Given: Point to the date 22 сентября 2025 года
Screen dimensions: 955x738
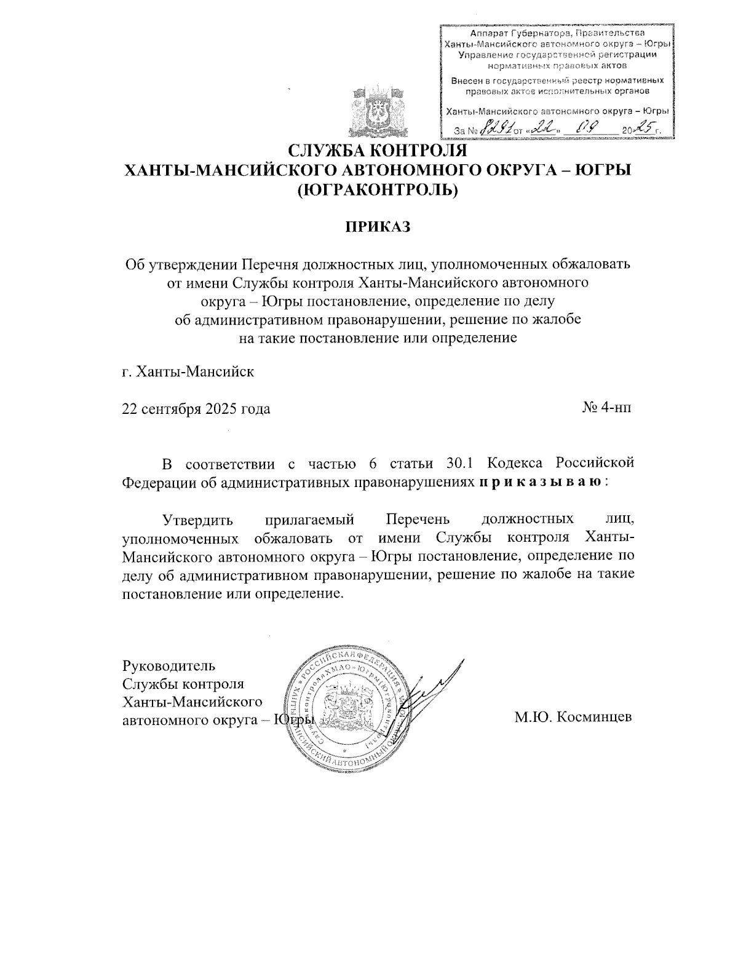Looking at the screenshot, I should (x=196, y=409).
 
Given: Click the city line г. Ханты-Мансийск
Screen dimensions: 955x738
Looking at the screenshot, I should (x=188, y=372).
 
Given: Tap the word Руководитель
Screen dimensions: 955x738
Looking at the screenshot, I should (x=169, y=665).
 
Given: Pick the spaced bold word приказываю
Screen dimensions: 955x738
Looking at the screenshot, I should (x=541, y=482).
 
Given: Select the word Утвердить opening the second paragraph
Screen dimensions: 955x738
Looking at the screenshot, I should (x=197, y=520).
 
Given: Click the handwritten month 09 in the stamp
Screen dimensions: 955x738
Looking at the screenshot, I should (x=582, y=129).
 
